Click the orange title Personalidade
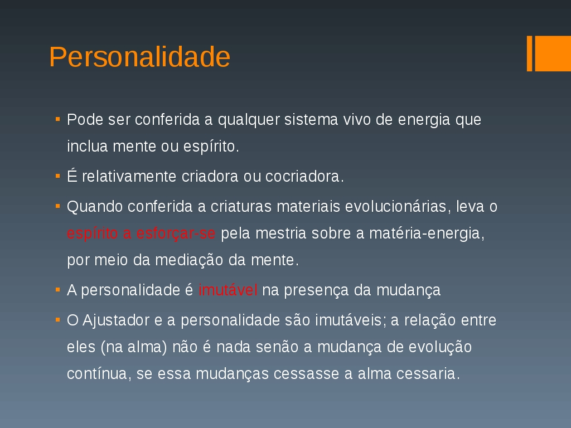click(x=139, y=57)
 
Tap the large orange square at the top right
click(x=553, y=53)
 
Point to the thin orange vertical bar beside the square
click(x=530, y=53)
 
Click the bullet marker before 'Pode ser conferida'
click(x=57, y=119)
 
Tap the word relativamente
click(x=129, y=177)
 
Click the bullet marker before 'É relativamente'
click(x=57, y=176)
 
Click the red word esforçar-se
click(x=176, y=234)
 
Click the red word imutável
click(x=228, y=290)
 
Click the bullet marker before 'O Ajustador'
click(x=57, y=320)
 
